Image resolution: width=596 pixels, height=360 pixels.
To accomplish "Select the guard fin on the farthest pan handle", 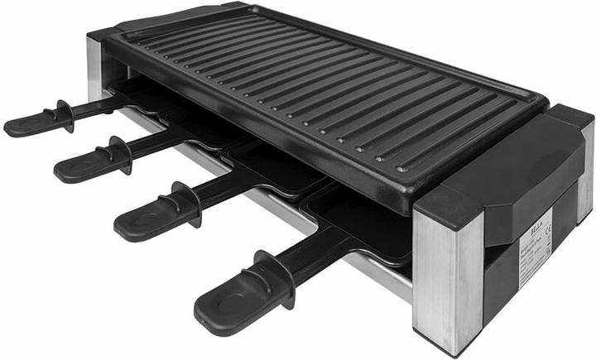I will click(63, 115).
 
